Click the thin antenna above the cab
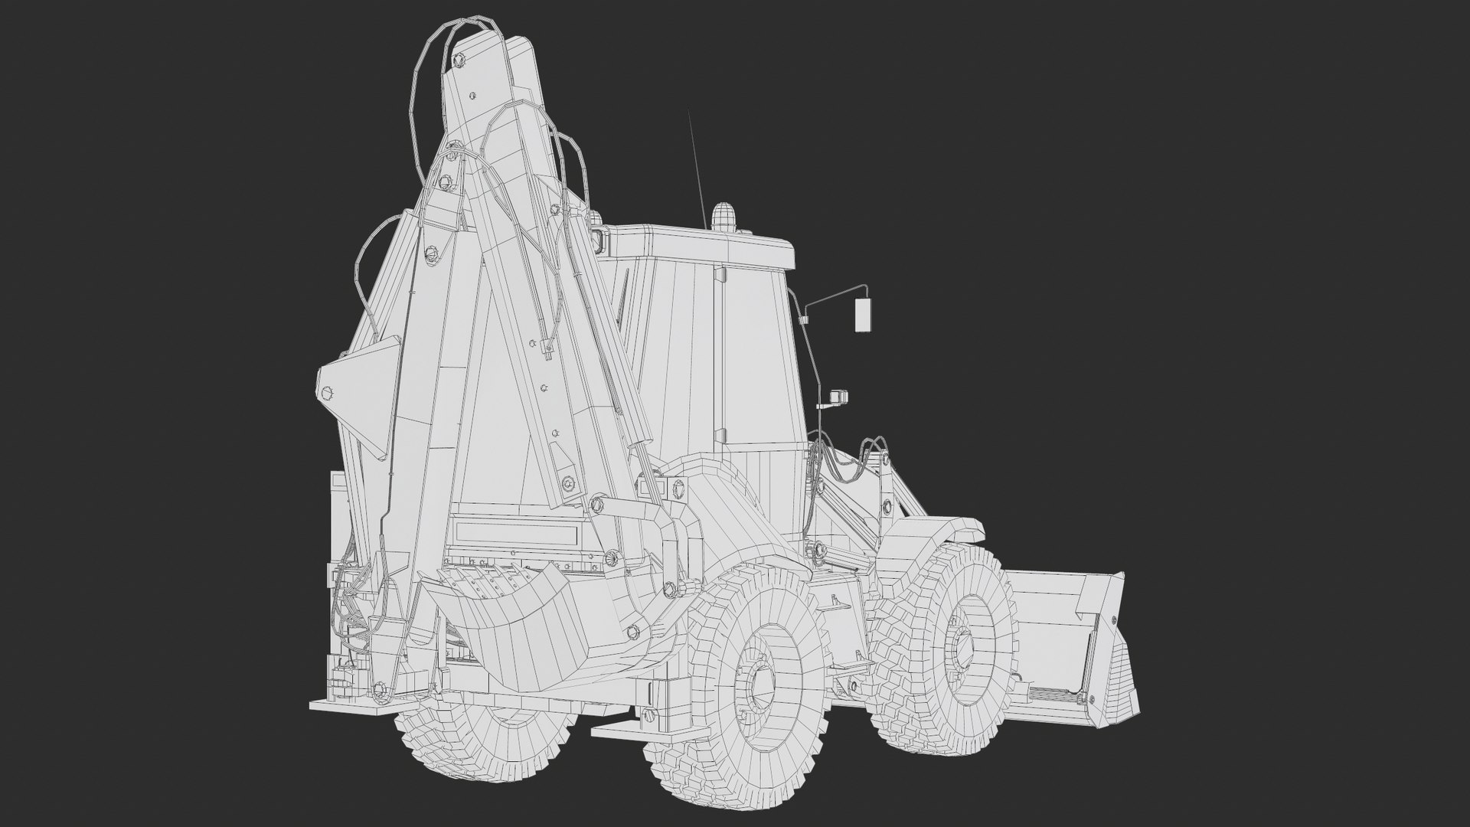coord(696,168)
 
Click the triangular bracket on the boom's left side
coord(352,391)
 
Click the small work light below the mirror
coord(839,397)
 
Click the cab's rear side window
coord(758,360)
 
